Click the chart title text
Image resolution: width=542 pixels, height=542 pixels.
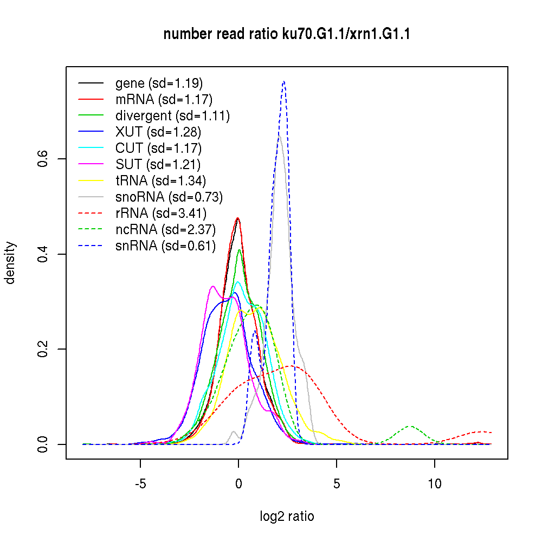click(287, 34)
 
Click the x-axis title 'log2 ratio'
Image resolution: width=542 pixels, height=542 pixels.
click(287, 516)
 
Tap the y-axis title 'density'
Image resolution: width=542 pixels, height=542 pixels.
click(10, 263)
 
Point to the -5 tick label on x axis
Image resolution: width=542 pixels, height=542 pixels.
click(140, 483)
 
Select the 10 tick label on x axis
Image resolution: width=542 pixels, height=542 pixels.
click(434, 483)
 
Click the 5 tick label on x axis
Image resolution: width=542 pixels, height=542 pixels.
click(336, 483)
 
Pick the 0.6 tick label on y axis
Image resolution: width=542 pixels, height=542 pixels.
click(44, 159)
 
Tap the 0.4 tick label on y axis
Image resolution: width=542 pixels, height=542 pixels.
click(44, 254)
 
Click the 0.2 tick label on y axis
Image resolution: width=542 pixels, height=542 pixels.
click(44, 349)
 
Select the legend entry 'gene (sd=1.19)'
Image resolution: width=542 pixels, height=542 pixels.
click(159, 83)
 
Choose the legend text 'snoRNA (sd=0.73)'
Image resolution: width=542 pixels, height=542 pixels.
click(169, 197)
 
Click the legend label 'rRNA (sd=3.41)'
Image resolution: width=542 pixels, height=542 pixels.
click(161, 214)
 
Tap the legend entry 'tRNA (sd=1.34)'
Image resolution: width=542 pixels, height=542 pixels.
click(160, 181)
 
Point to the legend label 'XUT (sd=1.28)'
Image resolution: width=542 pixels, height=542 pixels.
click(158, 132)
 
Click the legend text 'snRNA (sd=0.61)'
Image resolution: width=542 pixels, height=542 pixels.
click(165, 246)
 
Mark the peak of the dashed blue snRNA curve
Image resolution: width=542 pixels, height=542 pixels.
click(283, 82)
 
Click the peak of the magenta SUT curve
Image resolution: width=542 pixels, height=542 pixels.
click(213, 286)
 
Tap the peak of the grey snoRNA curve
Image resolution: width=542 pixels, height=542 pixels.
click(279, 138)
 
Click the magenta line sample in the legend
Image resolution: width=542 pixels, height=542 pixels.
click(91, 165)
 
